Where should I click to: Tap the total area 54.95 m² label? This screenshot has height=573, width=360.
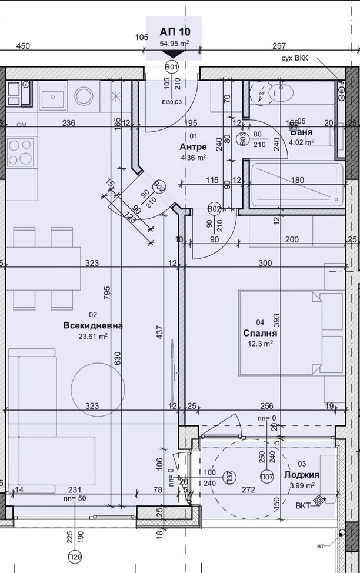[x=174, y=44]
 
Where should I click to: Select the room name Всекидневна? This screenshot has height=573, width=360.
[x=93, y=325]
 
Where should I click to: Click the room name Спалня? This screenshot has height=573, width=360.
[x=260, y=332]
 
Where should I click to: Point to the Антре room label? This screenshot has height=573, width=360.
[x=194, y=146]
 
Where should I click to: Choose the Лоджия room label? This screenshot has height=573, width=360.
[x=301, y=475]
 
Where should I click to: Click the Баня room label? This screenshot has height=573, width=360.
[x=302, y=131]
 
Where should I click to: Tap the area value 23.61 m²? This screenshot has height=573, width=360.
[x=93, y=337]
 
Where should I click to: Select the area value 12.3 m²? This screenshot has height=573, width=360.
[x=260, y=343]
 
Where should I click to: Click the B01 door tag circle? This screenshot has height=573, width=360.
[x=172, y=68]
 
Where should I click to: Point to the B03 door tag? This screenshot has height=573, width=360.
[x=243, y=139]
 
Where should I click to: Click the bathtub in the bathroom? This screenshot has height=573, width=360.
[x=296, y=185]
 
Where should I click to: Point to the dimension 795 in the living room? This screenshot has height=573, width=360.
[x=107, y=292]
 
